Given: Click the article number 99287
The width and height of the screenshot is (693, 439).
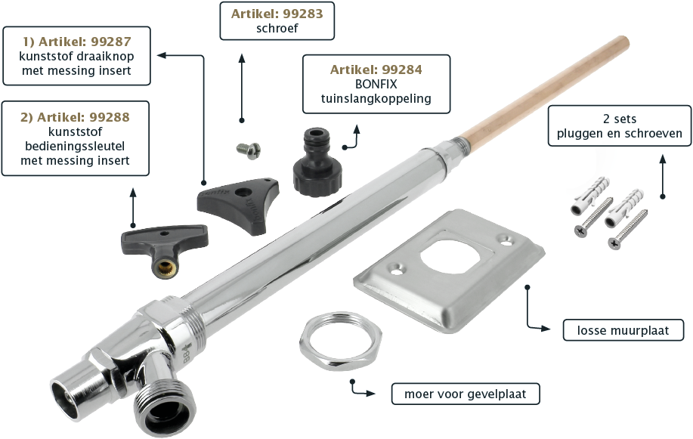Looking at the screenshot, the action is tap(111, 42).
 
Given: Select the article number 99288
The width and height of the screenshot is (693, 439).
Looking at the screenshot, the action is tap(109, 117).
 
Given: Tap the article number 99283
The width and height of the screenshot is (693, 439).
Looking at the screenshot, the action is tap(303, 14).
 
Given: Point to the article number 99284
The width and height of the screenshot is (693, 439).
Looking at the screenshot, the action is tap(402, 70).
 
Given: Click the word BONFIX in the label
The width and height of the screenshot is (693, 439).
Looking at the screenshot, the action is tap(376, 84).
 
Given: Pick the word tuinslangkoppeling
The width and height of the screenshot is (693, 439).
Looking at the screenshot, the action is tap(376, 98).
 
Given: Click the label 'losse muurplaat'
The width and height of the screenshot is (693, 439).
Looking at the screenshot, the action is tap(623, 330).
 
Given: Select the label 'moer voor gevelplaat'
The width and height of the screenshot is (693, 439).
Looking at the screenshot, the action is tap(466, 394).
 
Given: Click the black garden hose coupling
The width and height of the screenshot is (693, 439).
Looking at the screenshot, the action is tap(317, 162).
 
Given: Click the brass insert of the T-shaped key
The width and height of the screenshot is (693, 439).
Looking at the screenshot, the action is tap(165, 267).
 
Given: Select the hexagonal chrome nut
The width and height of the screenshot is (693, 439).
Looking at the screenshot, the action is tap(340, 341).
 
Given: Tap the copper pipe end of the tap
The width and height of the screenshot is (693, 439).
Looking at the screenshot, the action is tap(543, 88).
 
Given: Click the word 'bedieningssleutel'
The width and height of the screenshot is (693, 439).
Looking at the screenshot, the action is tap(75, 147).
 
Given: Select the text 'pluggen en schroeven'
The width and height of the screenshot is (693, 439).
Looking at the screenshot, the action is tap(619, 134).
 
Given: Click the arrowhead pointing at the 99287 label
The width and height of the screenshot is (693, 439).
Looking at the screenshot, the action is tap(162, 55).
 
